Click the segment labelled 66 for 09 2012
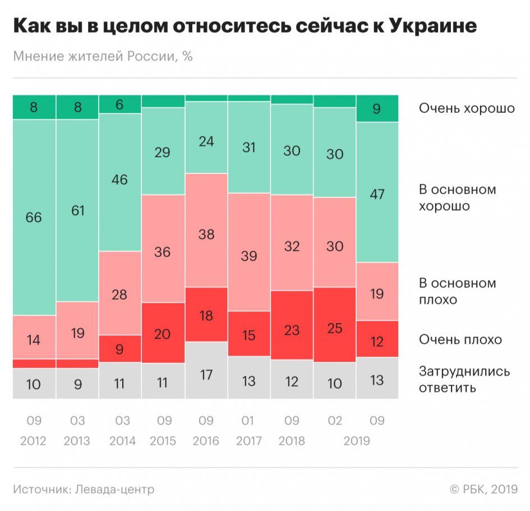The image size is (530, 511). [x=34, y=217]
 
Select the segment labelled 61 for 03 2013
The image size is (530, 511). [x=77, y=211]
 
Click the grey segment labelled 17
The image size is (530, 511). [x=206, y=373]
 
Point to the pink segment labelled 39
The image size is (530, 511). [x=249, y=255]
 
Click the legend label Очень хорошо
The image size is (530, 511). [x=467, y=108]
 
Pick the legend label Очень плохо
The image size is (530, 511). [x=460, y=340]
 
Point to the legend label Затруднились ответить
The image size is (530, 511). [x=464, y=380]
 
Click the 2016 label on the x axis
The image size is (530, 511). [x=206, y=441]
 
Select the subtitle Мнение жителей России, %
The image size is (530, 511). [x=103, y=57]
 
